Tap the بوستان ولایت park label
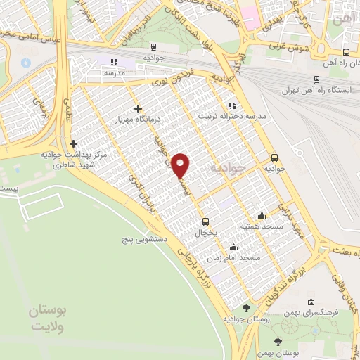click(x=47, y=318)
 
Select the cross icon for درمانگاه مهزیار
click(x=138, y=108)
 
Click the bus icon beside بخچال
click(x=205, y=219)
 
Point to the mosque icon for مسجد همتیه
click(x=262, y=215)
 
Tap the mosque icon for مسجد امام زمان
click(x=233, y=247)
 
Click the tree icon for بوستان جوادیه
click(x=245, y=308)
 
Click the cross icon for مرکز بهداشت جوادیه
click(x=73, y=143)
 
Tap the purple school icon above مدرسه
click(x=115, y=62)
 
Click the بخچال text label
click(x=202, y=231)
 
